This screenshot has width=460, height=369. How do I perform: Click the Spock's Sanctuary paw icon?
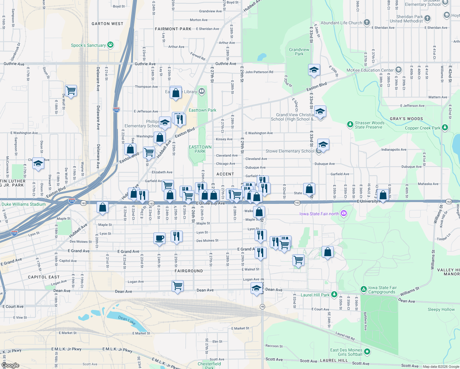(110, 45)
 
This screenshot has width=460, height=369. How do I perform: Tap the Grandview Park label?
(299, 52)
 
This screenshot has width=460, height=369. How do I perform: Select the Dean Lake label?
(127, 320)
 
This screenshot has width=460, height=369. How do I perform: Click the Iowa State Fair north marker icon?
(344, 213)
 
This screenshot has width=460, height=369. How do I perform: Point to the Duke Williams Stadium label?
(23, 204)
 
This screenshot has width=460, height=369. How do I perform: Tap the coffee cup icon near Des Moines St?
(159, 238)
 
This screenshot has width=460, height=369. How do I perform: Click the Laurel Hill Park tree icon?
(334, 295)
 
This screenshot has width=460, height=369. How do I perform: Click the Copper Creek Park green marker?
(445, 127)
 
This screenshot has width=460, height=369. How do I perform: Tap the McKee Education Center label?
(370, 70)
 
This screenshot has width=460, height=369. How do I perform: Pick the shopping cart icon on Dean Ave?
(178, 286)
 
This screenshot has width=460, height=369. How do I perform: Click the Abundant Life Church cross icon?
(367, 22)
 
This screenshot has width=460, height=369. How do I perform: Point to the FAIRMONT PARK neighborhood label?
(173, 29)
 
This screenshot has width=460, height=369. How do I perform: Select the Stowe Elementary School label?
(290, 151)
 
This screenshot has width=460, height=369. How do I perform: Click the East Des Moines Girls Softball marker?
(367, 351)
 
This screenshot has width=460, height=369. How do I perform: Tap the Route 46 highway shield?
(262, 307)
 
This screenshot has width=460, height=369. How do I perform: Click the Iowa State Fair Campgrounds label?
(382, 290)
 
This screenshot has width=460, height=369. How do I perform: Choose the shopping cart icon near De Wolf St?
(71, 90)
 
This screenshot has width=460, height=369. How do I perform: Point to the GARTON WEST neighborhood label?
(107, 24)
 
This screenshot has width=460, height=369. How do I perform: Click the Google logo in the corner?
(10, 365)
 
